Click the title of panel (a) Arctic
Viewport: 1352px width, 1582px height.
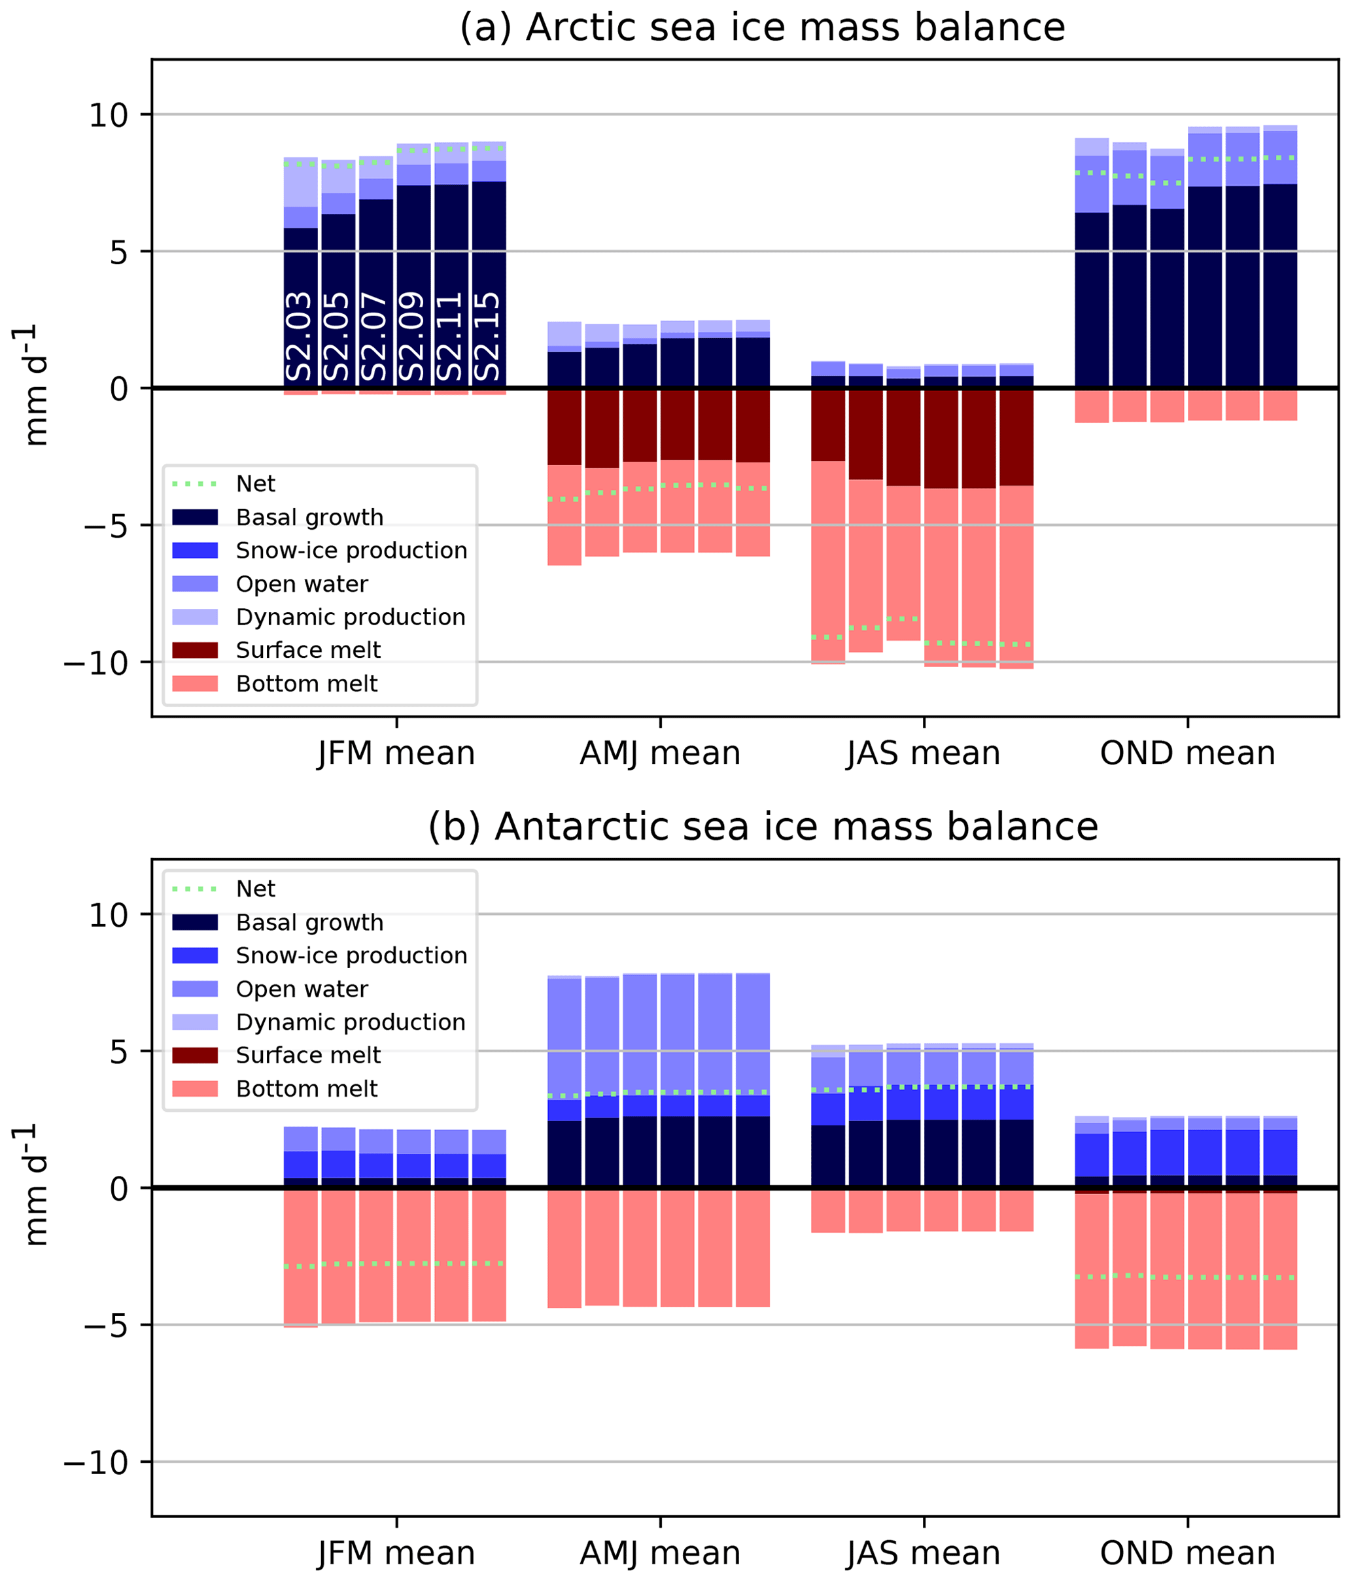761,28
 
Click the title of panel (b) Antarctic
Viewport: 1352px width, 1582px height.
761,826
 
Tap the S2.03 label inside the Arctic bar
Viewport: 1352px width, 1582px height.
300,336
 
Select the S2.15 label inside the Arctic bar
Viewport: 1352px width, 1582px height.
487,336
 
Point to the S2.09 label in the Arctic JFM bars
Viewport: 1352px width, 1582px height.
413,336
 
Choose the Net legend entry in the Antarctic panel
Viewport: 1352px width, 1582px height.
255,889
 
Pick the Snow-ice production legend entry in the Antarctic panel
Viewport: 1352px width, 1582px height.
351,955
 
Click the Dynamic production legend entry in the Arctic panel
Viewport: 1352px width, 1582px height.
350,617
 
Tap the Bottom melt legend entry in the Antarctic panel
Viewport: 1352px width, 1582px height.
306,1088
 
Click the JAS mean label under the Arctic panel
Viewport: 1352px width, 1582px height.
924,753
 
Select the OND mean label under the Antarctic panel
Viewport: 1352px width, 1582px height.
1187,1553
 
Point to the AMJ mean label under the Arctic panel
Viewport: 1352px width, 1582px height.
660,753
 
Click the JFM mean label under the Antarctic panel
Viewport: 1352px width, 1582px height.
396,1553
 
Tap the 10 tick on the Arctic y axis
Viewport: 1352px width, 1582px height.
109,115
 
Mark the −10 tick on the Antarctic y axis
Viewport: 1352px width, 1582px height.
96,1462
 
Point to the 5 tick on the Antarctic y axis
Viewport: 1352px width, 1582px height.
118,1052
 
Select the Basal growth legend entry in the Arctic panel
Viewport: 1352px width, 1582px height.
309,518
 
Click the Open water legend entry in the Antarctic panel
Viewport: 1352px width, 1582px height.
302,989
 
